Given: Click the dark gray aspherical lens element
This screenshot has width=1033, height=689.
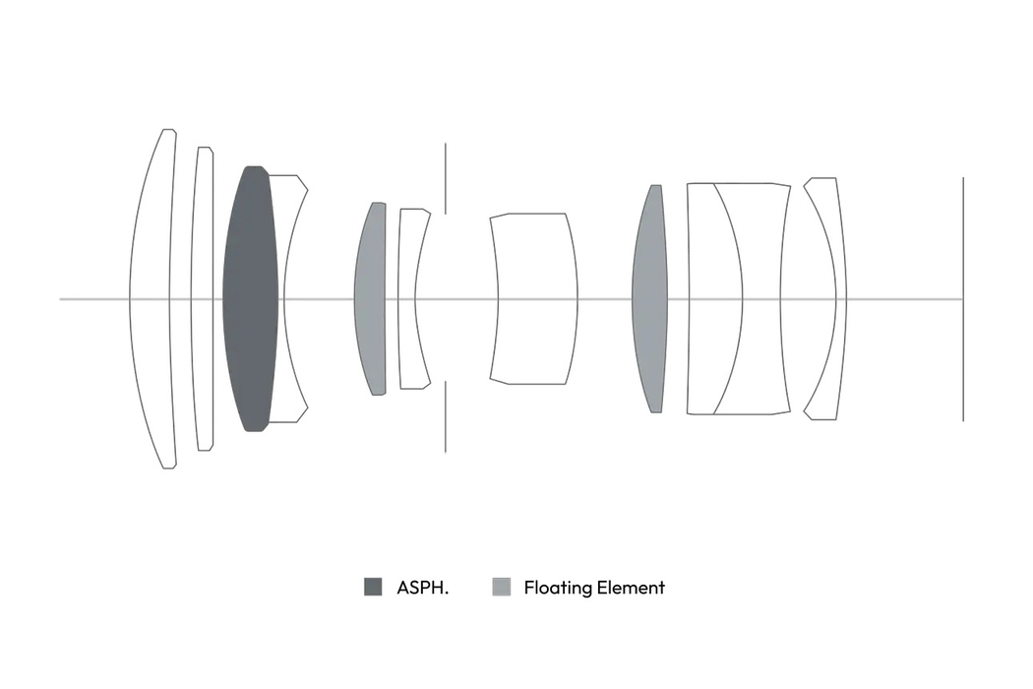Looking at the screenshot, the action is [250, 298].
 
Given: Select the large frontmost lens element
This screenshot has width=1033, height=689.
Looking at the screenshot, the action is [152, 298].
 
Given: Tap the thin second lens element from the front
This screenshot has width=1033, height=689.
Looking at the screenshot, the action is [203, 298].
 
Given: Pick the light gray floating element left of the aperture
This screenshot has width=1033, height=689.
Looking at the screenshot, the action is [370, 298].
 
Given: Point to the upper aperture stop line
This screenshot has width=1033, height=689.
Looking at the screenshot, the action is [446, 178].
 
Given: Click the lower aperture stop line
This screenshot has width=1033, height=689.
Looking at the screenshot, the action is [446, 416].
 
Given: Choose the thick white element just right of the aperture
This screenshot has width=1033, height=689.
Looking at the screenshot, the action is [533, 298].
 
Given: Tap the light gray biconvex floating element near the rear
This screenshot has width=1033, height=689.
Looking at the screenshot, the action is [649, 298].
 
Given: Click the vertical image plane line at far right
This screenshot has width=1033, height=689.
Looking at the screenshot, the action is [963, 298].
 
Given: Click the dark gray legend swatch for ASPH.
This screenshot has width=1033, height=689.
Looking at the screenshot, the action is [373, 587].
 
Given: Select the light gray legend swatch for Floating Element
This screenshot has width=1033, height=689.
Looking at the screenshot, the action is [502, 587].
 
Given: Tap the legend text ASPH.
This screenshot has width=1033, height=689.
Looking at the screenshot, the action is [422, 588].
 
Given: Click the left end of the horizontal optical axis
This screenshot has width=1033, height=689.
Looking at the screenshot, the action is [60, 299].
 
